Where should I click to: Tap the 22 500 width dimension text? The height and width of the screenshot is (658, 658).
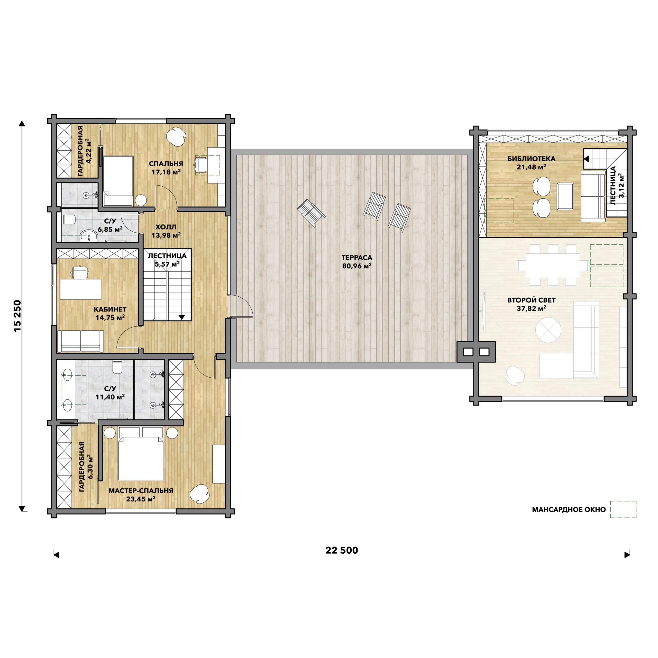[x=342, y=550]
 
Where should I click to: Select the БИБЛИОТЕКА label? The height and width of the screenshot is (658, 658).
[x=531, y=159]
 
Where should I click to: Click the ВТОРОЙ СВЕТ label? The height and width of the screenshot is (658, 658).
[x=531, y=300]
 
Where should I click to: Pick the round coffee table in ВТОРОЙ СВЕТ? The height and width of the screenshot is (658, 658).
[x=548, y=330]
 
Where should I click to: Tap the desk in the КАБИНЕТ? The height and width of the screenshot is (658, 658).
[x=81, y=289]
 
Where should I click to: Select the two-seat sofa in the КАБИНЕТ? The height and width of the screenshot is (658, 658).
[x=81, y=341]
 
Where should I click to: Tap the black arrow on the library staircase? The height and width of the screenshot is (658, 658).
[x=586, y=159]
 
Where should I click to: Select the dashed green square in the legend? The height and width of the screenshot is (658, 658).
[x=623, y=509]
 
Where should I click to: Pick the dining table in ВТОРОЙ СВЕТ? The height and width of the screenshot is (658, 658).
[x=553, y=266]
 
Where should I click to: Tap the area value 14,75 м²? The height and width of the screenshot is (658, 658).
[x=110, y=317]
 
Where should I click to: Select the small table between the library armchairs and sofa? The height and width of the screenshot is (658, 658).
[x=565, y=196]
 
